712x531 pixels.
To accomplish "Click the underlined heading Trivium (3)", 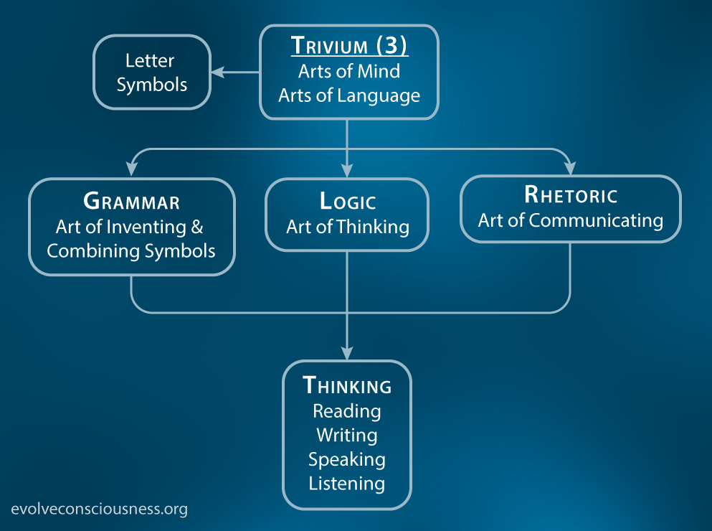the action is tap(349, 45).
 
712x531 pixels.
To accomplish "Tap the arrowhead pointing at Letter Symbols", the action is tap(219, 72).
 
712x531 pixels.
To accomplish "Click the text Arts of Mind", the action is tap(349, 71).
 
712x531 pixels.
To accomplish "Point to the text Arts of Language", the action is tap(349, 96).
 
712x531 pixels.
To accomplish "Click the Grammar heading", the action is tap(132, 202).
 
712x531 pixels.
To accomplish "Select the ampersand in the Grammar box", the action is tap(197, 227).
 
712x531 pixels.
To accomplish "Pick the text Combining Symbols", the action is tap(131, 251).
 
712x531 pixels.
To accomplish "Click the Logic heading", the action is tap(348, 202).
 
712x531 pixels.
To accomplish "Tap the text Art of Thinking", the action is tap(348, 227).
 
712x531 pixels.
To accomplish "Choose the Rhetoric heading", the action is tap(571, 195).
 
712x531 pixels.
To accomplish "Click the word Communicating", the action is tap(597, 221).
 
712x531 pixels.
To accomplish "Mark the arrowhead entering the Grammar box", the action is tap(132, 169).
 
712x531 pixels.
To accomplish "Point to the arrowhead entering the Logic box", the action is tap(347, 170).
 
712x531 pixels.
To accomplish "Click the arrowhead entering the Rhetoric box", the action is tap(570, 168).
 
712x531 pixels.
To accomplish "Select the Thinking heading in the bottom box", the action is tap(347, 385).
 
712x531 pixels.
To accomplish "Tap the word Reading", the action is tap(347, 411).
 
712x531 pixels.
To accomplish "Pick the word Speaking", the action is tap(347, 460).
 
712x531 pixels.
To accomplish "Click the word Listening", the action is tap(347, 484).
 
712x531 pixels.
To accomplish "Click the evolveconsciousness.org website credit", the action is tap(100, 509).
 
